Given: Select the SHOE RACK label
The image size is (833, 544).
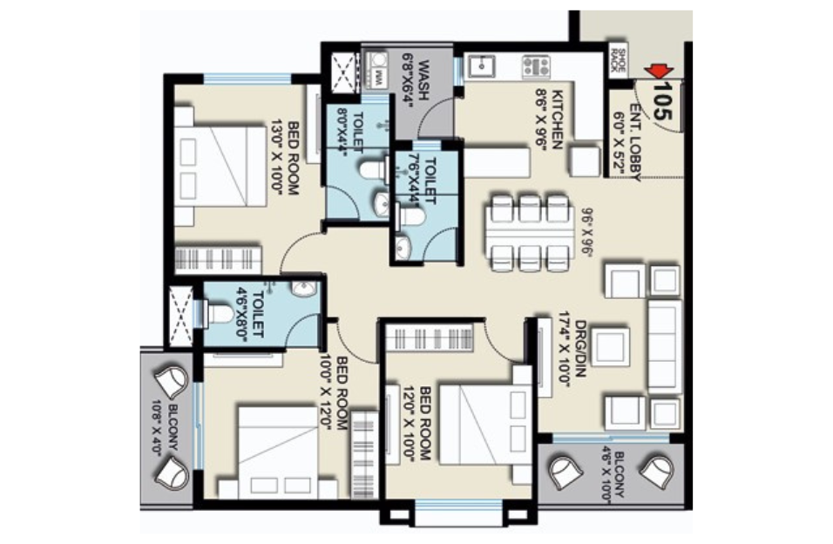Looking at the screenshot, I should (x=618, y=59).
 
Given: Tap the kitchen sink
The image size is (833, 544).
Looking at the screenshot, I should (x=480, y=66).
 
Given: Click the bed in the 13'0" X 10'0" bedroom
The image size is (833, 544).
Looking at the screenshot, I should (x=220, y=166).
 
